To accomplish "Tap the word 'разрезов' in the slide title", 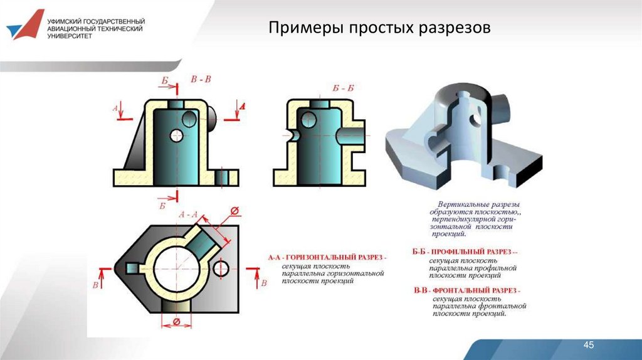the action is click(453, 28).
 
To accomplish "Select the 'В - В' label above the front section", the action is click(201, 79).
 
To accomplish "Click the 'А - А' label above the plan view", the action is click(188, 215).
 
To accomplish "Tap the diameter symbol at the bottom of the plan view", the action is click(176, 322).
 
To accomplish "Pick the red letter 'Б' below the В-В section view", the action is click(162, 205).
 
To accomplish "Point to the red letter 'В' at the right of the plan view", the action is click(263, 283).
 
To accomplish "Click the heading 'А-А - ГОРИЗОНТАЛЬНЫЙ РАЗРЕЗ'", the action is click(327, 258).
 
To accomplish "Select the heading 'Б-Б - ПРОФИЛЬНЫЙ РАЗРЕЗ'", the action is click(465, 251).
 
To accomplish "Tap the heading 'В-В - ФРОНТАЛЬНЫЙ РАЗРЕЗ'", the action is click(467, 291).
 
